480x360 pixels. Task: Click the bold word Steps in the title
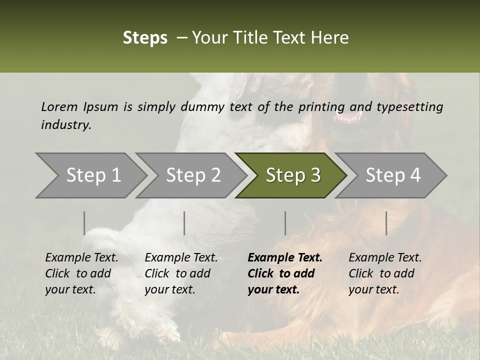tap(145, 38)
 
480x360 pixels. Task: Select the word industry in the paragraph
tap(65, 125)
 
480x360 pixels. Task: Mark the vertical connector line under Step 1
tap(84, 223)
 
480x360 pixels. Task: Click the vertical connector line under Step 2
tap(184, 223)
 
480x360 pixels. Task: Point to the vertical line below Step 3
tap(285, 223)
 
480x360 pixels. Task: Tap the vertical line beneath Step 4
tap(386, 223)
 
